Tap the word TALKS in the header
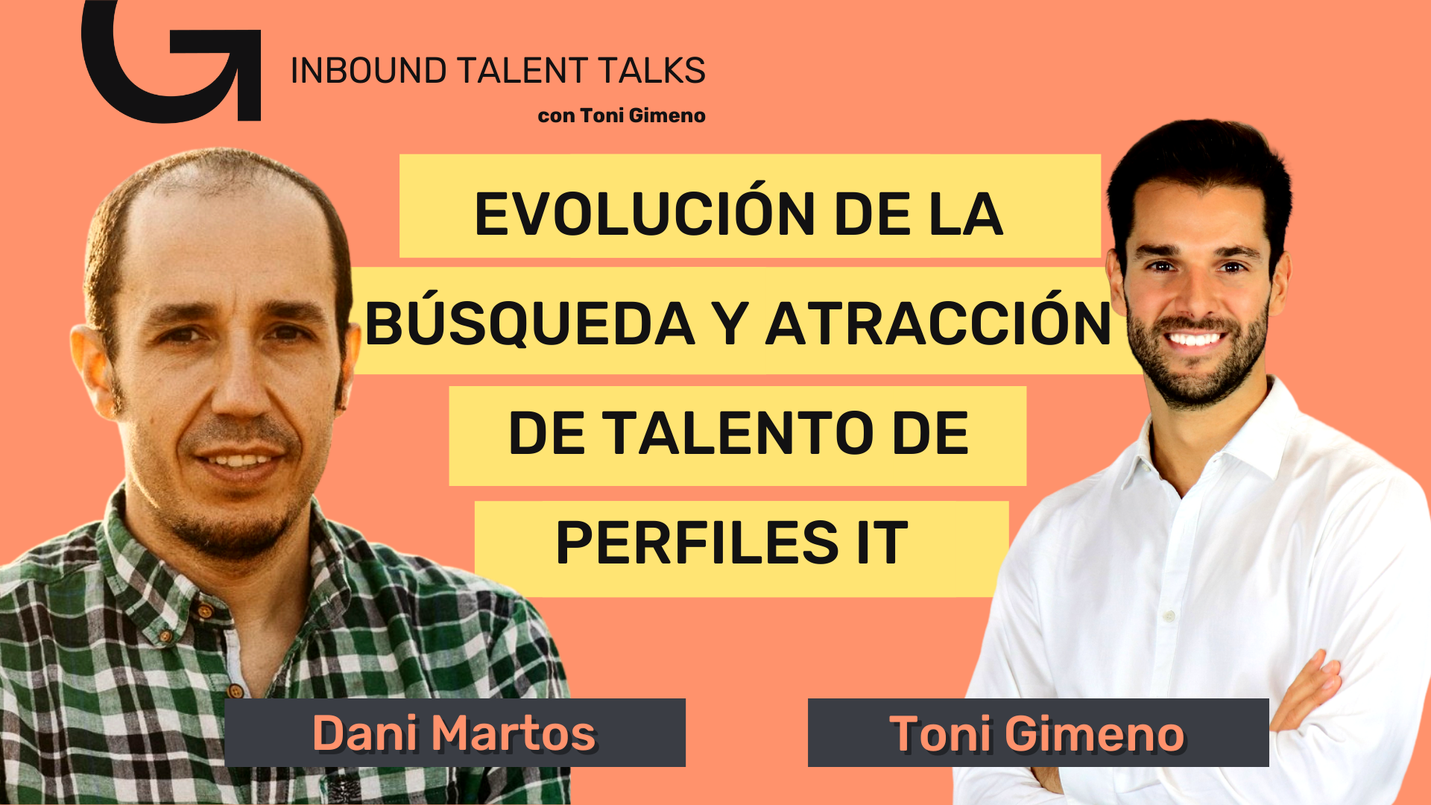pos(651,71)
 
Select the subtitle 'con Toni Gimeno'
pos(622,116)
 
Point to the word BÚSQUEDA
pos(530,323)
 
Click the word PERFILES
pos(698,542)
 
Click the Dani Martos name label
pos(455,733)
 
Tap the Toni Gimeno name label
pos(1038,733)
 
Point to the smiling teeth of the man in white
pos(1194,340)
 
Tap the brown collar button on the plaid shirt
pos(204,611)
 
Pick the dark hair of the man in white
pos(1196,160)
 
